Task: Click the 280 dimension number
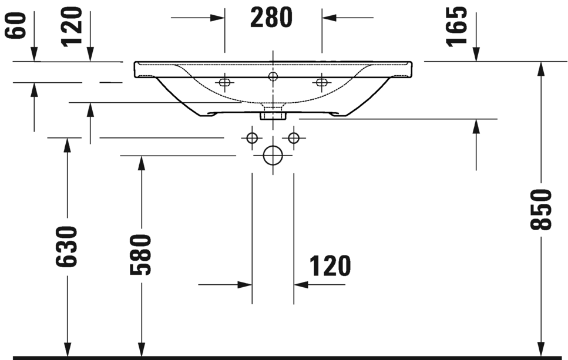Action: [271, 18]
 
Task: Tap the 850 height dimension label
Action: [542, 210]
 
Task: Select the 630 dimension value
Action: [67, 247]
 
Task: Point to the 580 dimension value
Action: [141, 254]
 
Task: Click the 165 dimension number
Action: [457, 26]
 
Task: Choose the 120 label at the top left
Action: [72, 26]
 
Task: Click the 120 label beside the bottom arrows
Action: [330, 267]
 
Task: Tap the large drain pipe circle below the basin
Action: [273, 155]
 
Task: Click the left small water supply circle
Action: [252, 138]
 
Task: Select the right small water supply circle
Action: [294, 138]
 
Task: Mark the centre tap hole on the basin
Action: [273, 76]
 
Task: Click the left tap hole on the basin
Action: [224, 82]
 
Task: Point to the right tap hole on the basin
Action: [321, 82]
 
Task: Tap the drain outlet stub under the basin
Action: [273, 113]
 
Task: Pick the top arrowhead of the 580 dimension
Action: [141, 163]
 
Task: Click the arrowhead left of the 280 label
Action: [219, 18]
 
